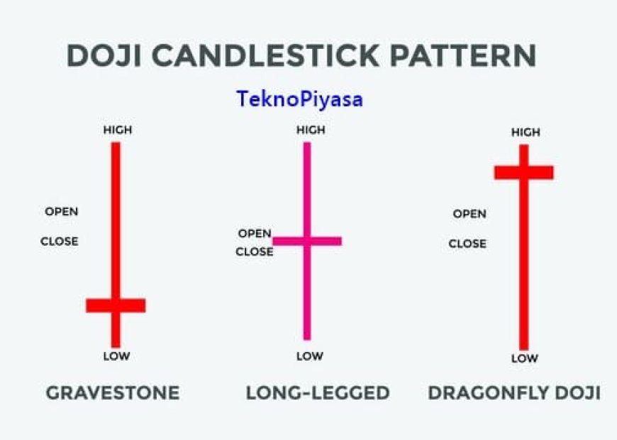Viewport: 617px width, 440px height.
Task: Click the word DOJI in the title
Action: [113, 56]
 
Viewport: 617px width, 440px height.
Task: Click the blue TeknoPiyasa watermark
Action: [299, 98]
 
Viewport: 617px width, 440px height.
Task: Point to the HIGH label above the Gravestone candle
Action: [118, 130]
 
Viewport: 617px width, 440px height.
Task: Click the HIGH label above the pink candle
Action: [310, 130]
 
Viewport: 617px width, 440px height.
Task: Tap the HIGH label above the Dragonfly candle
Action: [526, 132]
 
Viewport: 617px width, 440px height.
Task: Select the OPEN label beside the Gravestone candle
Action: [62, 211]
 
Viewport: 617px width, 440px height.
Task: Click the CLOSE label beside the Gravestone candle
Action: [60, 241]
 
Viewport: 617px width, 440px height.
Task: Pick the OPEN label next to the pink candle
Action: [255, 233]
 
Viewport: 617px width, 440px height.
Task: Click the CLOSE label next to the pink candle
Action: [254, 252]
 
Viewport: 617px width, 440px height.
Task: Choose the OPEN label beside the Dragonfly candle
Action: [469, 214]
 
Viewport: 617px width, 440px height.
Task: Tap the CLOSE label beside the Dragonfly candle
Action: [467, 244]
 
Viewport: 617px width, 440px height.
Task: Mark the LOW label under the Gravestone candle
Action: [116, 356]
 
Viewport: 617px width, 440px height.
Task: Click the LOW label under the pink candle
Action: [309, 356]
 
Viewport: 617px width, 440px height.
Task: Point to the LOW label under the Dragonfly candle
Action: [524, 359]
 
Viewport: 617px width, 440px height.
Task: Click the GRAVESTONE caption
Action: [113, 393]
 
